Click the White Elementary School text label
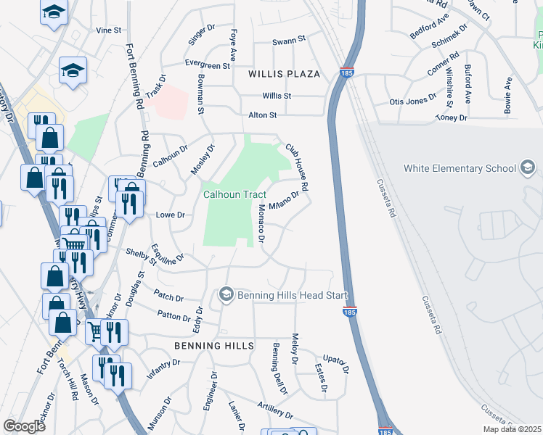coord(459,168)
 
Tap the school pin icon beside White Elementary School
coord(528,168)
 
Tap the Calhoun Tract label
coord(234,194)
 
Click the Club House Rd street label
coord(297,166)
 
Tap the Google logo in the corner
coord(24,426)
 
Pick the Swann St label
coord(289,42)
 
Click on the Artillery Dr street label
coord(274,411)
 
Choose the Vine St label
coord(108,30)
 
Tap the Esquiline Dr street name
coord(167,255)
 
